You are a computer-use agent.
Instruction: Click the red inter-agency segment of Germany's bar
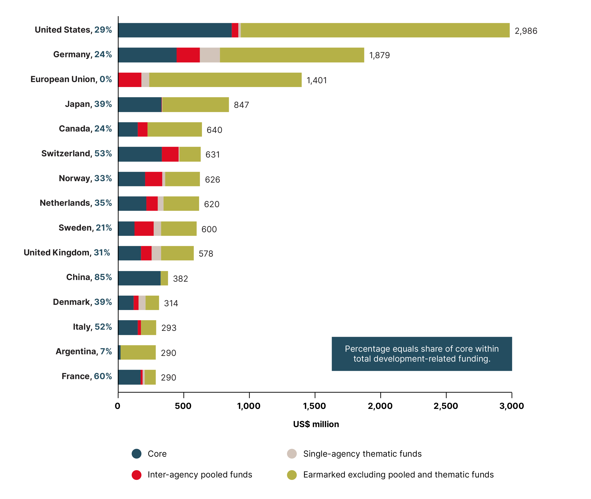point(188,55)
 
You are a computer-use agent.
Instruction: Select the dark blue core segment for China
point(139,278)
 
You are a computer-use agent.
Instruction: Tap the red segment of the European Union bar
point(130,80)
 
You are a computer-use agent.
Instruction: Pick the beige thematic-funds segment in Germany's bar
point(210,55)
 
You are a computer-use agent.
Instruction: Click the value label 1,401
point(317,80)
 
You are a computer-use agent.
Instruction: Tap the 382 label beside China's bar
point(180,279)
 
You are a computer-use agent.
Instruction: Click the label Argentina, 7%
point(84,351)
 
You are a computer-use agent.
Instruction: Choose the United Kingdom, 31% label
point(67,252)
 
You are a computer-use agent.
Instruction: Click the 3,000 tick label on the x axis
point(512,406)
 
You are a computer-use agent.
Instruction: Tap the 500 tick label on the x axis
point(183,406)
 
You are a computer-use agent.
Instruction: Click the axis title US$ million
point(316,424)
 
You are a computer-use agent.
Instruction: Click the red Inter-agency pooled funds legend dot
point(137,475)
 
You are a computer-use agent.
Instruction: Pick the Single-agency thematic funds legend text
point(362,454)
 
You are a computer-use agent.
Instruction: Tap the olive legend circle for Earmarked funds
point(292,475)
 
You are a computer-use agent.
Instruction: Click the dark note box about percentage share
point(422,354)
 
